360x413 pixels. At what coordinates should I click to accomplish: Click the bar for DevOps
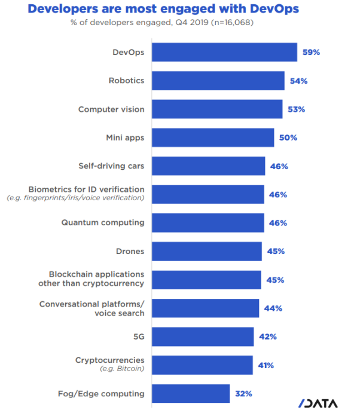click(x=224, y=52)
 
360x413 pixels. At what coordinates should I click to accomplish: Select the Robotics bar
click(x=218, y=81)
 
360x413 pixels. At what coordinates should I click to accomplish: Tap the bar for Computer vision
click(x=216, y=109)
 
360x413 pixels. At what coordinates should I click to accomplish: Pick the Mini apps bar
click(x=212, y=137)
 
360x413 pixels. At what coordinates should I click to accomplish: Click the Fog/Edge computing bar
click(x=191, y=393)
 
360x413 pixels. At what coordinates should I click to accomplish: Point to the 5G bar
click(x=203, y=336)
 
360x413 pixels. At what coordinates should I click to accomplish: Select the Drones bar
click(x=206, y=252)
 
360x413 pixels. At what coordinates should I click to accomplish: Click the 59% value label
click(x=312, y=52)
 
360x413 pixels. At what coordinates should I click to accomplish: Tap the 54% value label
click(x=298, y=81)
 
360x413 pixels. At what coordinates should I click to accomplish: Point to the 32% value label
click(x=243, y=393)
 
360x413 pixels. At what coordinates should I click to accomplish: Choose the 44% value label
click(x=273, y=308)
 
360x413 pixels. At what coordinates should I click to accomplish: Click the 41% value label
click(x=266, y=365)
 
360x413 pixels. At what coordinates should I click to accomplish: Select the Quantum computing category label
click(x=103, y=222)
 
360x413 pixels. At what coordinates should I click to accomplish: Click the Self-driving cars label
click(x=111, y=166)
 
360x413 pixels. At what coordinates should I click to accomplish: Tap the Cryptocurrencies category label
click(x=109, y=360)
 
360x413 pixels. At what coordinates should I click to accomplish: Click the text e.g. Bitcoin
click(x=123, y=370)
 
